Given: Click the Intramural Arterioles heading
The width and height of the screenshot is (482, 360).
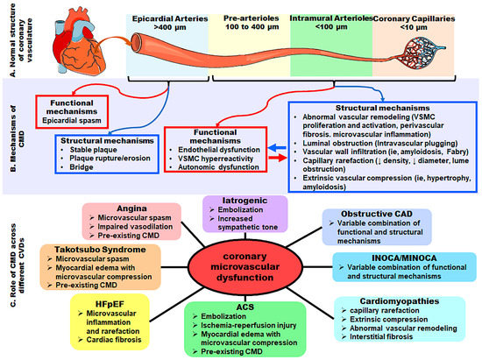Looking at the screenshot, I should [x=330, y=17].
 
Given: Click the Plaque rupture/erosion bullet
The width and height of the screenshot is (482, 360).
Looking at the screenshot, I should [x=104, y=172].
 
